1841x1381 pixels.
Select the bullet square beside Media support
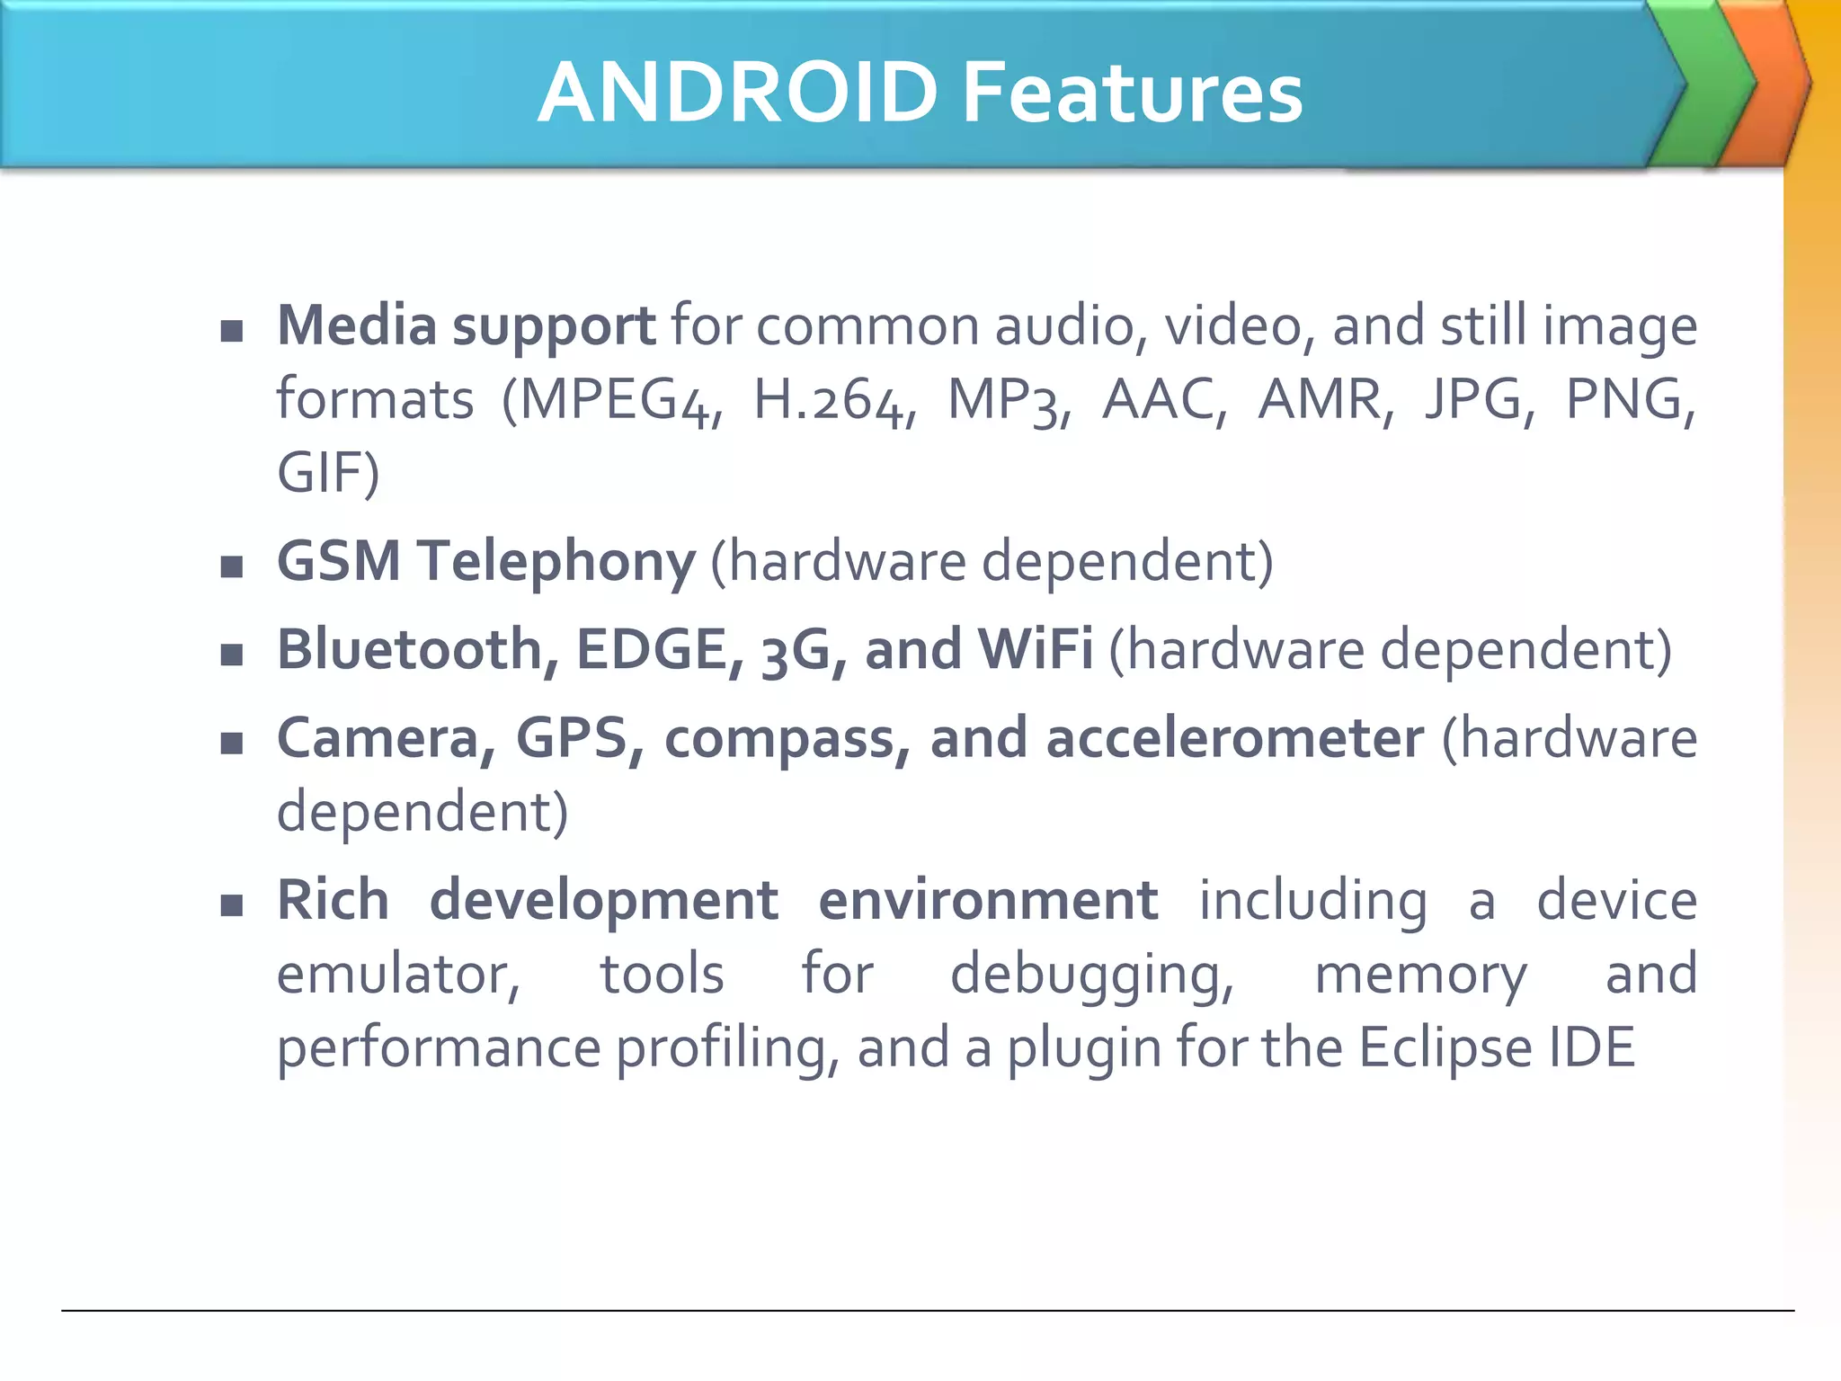tap(232, 331)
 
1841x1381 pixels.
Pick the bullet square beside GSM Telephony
tap(232, 566)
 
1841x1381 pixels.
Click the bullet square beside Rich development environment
tap(232, 904)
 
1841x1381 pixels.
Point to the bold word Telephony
tap(556, 561)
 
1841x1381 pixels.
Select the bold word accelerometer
tap(1234, 738)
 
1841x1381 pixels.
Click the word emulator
tap(396, 975)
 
